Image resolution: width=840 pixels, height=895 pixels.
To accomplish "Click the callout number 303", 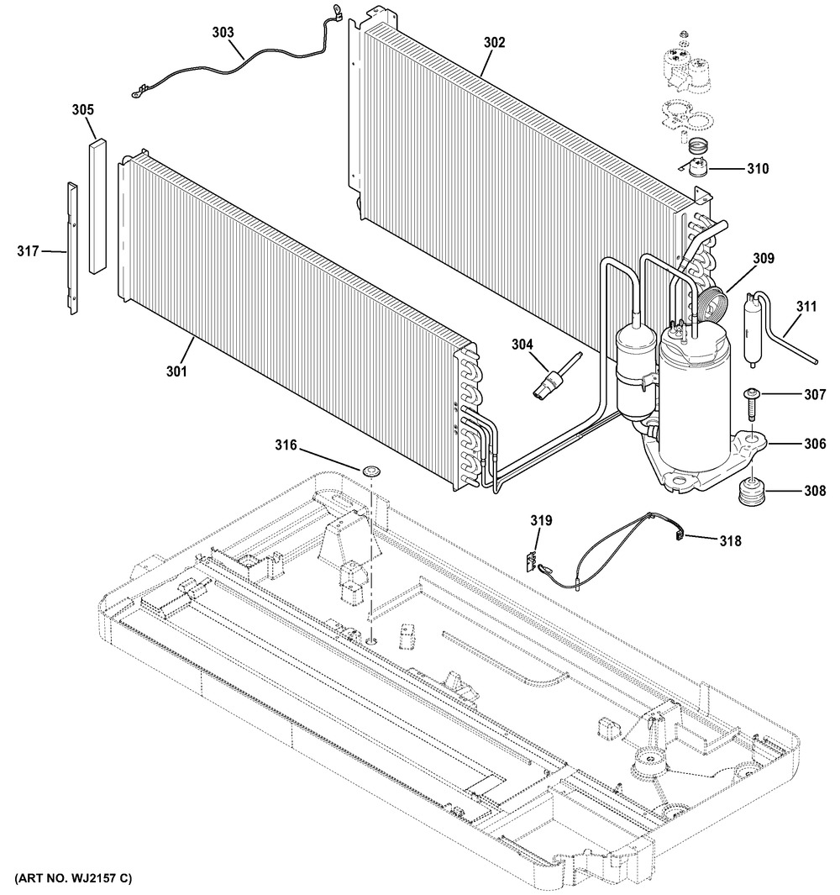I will point(223,33).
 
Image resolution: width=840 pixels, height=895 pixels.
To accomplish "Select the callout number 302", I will point(494,43).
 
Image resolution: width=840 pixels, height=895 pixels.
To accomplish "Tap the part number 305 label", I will point(82,110).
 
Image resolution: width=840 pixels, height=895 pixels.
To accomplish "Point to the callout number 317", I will point(29,250).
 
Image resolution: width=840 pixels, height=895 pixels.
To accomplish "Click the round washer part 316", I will point(370,470).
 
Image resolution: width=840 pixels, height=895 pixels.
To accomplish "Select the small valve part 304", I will point(550,379).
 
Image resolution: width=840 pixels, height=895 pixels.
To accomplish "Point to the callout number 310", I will point(757,169).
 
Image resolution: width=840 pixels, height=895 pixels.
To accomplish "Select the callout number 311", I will point(805,308).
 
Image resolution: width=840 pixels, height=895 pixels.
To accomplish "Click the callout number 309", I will point(763,259).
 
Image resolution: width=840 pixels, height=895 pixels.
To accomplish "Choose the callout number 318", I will point(729,541).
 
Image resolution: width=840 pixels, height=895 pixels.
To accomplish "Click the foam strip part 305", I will point(99,206).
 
